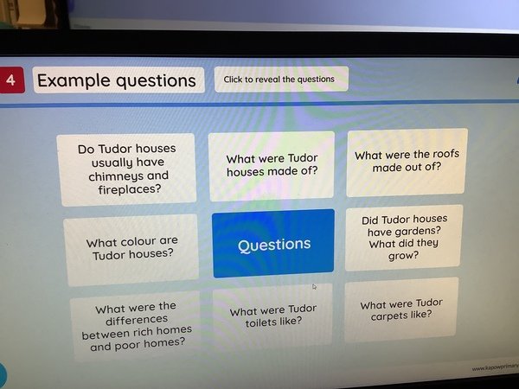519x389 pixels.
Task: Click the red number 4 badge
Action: click(x=11, y=80)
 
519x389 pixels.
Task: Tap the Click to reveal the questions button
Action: click(x=281, y=79)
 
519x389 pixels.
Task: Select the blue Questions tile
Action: click(x=273, y=244)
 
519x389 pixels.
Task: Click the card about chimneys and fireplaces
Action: click(x=126, y=169)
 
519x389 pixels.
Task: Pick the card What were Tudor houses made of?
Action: click(x=272, y=166)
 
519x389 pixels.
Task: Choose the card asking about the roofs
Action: click(x=407, y=163)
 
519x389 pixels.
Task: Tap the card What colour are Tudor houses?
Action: click(x=131, y=250)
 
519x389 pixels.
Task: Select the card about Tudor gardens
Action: click(x=404, y=238)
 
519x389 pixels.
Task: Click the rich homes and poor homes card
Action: click(x=136, y=326)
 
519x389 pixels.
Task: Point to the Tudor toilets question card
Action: click(x=272, y=316)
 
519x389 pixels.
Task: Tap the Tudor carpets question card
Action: click(x=401, y=309)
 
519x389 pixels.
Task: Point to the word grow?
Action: click(x=403, y=256)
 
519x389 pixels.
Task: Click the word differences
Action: click(x=137, y=320)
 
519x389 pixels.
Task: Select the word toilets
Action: click(x=261, y=322)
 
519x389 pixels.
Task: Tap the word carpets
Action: click(x=388, y=316)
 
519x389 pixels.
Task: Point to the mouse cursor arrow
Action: click(x=315, y=287)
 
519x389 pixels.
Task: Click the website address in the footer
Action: click(x=495, y=367)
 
